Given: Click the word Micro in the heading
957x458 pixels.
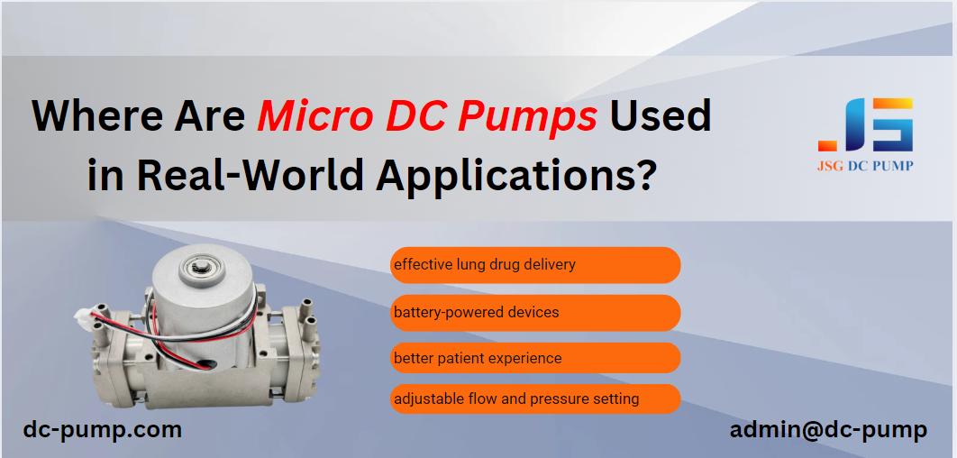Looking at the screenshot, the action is [x=311, y=115].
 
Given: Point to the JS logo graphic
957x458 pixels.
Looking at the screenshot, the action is [x=865, y=124].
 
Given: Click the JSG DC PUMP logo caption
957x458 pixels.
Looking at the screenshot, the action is [x=865, y=166].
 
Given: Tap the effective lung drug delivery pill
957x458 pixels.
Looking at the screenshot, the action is [x=535, y=265].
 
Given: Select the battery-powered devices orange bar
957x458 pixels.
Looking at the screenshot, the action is [x=535, y=313].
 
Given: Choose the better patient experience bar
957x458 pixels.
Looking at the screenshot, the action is [x=535, y=358].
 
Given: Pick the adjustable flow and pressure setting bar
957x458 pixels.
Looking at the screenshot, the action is [x=535, y=398].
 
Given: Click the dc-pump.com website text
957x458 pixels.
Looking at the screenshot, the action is [x=103, y=430].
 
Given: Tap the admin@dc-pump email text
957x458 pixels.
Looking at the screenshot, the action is [x=828, y=430].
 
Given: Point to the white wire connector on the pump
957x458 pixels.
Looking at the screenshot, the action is [x=83, y=317].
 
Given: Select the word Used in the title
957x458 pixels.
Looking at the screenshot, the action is [x=661, y=115].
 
